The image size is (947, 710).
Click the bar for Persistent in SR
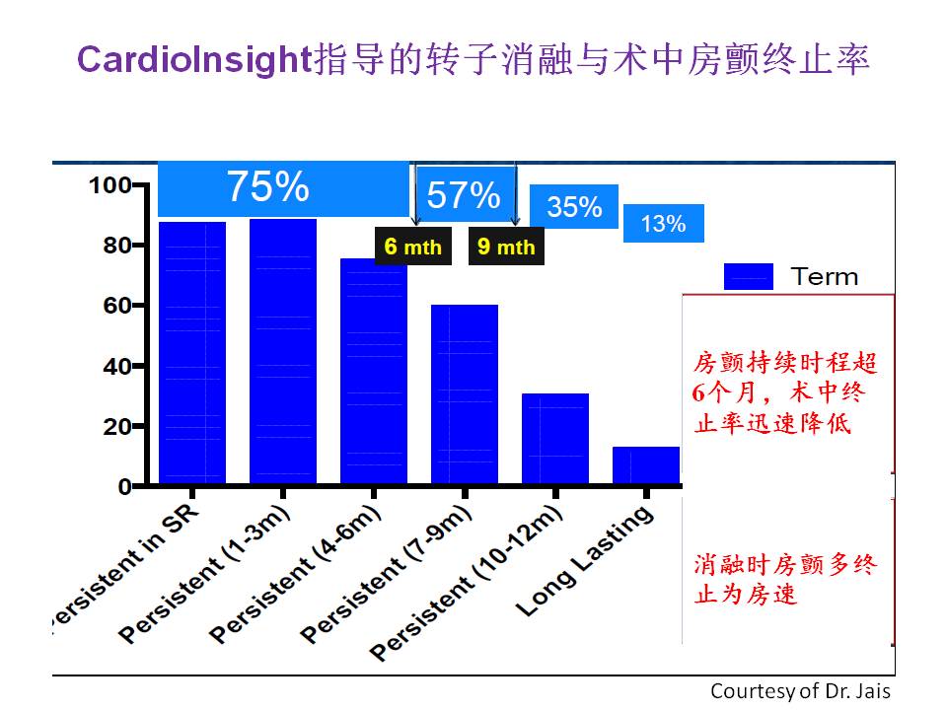click(192, 353)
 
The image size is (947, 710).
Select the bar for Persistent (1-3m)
click(283, 351)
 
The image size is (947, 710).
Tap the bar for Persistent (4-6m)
click(374, 372)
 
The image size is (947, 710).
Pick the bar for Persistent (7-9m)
click(465, 394)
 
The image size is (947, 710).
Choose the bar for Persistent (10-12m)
click(555, 439)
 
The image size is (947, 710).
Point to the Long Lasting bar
click(646, 465)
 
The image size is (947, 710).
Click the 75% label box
click(283, 188)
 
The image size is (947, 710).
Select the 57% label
click(464, 194)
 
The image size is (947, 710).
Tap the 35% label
click(574, 206)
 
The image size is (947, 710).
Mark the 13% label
click(663, 224)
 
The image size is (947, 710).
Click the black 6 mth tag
click(413, 247)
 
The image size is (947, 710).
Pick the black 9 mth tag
click(506, 247)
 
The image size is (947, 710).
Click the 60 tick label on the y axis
click(117, 306)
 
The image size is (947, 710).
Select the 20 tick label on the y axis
click(117, 427)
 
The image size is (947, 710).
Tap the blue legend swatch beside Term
click(749, 276)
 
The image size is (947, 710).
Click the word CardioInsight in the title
click(194, 60)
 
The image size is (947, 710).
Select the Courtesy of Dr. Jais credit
click(800, 690)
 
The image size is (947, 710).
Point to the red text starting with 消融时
click(784, 580)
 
